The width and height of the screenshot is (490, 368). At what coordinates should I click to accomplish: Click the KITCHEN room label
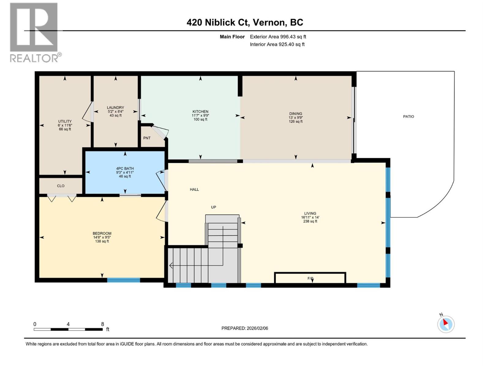(200, 112)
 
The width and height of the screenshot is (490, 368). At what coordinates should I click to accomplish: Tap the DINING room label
(296, 113)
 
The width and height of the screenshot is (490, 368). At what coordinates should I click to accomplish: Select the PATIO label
(408, 117)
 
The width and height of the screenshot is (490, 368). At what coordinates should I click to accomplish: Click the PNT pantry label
(147, 138)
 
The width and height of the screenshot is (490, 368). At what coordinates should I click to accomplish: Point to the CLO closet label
(61, 186)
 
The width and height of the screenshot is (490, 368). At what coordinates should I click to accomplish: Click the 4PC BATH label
(125, 168)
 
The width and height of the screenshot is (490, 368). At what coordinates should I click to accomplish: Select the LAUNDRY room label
(115, 108)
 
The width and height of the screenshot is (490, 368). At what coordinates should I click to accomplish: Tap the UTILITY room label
(65, 121)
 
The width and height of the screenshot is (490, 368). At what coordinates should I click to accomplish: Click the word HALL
(194, 190)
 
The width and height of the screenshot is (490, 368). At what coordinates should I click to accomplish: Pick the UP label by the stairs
(213, 207)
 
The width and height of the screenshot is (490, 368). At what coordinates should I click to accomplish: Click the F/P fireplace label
(311, 278)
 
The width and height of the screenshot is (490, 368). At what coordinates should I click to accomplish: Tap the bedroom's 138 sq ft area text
(102, 241)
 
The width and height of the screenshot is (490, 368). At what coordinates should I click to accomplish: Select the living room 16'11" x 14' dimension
(310, 217)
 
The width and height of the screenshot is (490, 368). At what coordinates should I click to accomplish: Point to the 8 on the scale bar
(103, 324)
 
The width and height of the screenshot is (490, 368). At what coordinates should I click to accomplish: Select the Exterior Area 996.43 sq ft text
(278, 37)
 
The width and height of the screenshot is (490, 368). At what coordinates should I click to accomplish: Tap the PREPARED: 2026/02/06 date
(245, 328)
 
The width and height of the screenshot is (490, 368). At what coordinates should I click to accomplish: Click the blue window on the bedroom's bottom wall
(123, 280)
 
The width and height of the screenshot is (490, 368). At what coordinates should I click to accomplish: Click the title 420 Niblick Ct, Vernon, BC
(245, 22)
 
